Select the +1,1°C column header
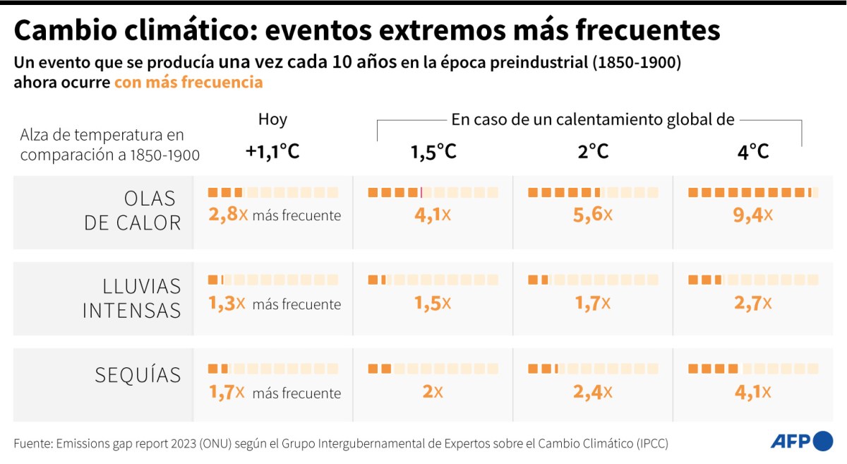272,151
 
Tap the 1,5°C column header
433,151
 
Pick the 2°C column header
593,151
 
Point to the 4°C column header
753,151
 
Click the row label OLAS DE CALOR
133,210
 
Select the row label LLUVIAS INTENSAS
132,297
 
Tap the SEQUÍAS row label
138,375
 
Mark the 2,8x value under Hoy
228,215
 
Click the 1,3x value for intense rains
227,304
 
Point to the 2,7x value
753,304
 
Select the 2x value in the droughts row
433,391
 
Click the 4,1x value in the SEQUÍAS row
753,391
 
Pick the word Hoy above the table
272,119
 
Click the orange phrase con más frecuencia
188,82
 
